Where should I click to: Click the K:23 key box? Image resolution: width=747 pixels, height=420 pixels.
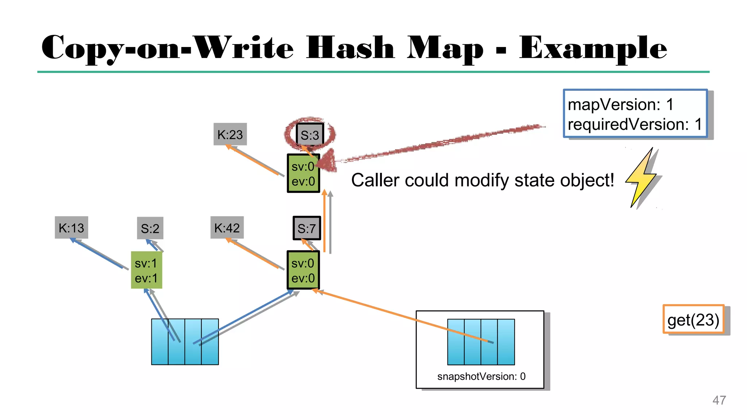point(230,135)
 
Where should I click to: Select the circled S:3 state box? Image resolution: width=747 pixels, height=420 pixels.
point(310,135)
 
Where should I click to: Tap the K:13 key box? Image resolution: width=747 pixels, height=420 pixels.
point(71,228)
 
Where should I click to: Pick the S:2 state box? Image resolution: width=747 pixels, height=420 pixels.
point(150,229)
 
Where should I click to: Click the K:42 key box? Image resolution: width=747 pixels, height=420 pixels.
point(227,228)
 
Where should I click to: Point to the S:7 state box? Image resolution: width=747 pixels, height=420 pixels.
point(307,228)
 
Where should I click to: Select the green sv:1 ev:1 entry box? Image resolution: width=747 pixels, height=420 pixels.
point(146,270)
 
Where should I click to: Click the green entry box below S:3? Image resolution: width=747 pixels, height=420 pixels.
point(303,174)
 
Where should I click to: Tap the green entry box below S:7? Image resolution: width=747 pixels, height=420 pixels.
point(303,270)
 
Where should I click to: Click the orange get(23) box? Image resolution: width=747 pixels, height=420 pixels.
point(693,320)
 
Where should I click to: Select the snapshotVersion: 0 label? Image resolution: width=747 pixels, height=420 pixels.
point(481,376)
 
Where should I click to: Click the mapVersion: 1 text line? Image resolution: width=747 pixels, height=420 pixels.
point(620,105)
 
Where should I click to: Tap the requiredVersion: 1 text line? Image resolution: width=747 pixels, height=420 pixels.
point(634,124)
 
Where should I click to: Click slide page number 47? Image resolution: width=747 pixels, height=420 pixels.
point(719,400)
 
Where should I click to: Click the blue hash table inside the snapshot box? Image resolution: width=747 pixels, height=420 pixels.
point(481,342)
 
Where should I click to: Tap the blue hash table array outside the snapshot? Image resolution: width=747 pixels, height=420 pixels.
point(185,342)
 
